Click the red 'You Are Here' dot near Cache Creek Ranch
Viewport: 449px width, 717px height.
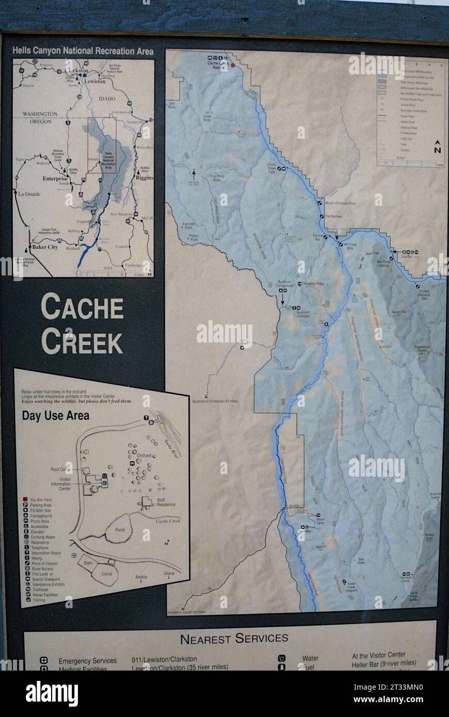233,65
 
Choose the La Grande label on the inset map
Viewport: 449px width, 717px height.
30,194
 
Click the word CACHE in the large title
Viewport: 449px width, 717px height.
82,307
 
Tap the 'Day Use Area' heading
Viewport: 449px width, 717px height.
55,415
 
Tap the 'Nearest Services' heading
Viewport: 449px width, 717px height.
234,639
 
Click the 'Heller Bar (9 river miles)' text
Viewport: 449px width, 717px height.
383,663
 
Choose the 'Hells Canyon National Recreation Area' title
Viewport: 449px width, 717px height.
83,51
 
